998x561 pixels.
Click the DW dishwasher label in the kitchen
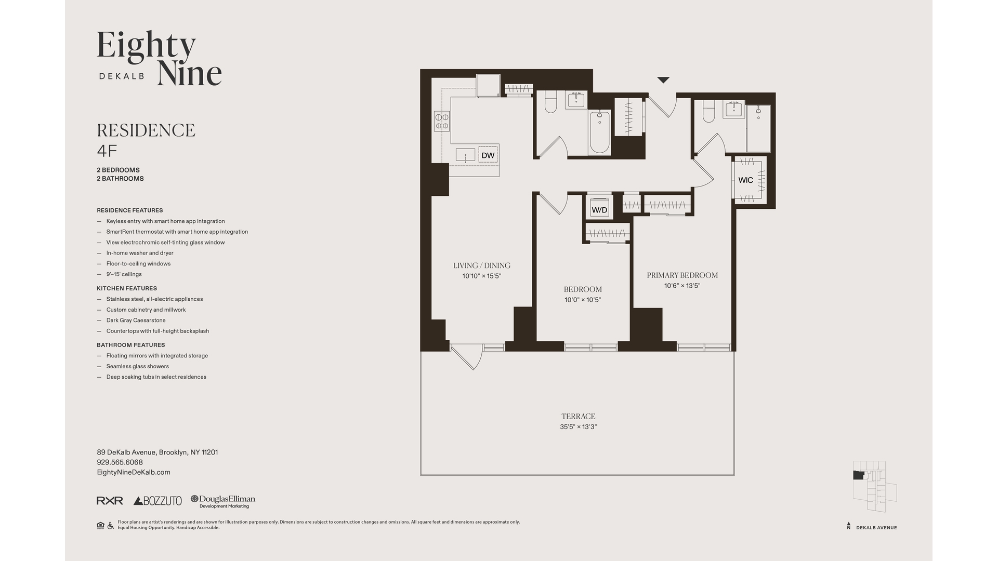tap(488, 155)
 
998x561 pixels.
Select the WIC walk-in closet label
tap(745, 180)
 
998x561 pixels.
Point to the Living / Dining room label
tap(481, 265)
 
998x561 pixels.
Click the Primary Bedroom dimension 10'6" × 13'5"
tap(682, 286)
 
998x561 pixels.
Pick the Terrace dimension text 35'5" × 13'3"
tap(578, 427)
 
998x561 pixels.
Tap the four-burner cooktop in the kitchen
tap(442, 122)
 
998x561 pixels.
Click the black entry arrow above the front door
tap(663, 80)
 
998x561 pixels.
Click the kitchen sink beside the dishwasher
tap(465, 155)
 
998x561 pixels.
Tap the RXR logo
tap(110, 501)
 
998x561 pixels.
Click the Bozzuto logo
tap(157, 501)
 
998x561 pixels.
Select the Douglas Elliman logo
tap(223, 501)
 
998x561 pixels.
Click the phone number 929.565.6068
tap(120, 462)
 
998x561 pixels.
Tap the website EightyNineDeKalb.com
tap(134, 472)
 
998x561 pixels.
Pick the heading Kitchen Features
tap(127, 288)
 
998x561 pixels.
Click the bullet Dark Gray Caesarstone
tap(136, 320)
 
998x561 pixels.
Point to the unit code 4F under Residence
tap(107, 151)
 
